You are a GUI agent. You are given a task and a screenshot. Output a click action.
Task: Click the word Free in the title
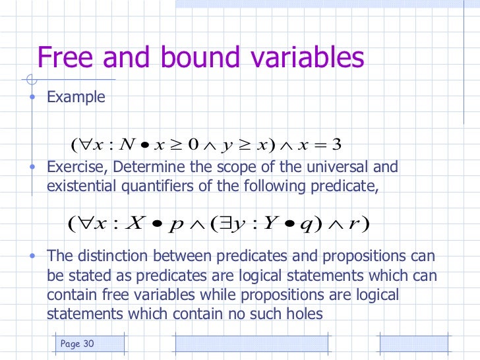pyautogui.click(x=63, y=57)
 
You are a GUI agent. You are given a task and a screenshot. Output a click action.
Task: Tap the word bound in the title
pyautogui.click(x=202, y=57)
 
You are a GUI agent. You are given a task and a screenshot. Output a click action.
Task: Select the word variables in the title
pyautogui.click(x=309, y=57)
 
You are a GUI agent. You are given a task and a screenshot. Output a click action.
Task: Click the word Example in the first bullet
pyautogui.click(x=76, y=98)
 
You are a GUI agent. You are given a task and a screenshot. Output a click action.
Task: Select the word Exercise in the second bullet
pyautogui.click(x=71, y=167)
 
